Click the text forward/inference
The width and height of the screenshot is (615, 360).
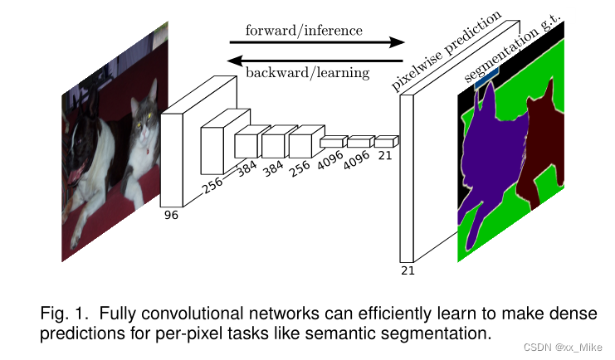pyautogui.click(x=304, y=31)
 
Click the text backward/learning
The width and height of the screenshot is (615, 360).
pyautogui.click(x=307, y=73)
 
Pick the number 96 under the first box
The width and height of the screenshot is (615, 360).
pyautogui.click(x=171, y=214)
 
